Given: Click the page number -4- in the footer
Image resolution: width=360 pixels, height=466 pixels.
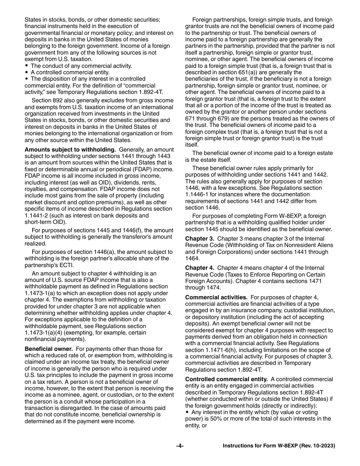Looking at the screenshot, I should pyautogui.click(x=180, y=446).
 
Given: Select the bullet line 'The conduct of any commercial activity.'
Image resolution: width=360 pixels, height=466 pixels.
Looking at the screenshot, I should pyautogui.click(x=81, y=66).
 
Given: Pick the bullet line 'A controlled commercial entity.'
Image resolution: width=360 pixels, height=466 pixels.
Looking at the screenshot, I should pyautogui.click(x=70, y=72).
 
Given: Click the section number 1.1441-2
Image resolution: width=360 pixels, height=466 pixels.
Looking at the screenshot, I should pyautogui.click(x=37, y=216).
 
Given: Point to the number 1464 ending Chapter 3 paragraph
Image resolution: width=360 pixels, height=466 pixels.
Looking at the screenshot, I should pyautogui.click(x=192, y=258).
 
